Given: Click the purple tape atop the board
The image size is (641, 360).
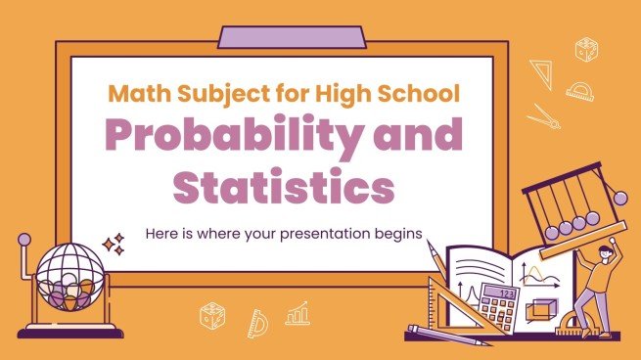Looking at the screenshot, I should tap(292, 37).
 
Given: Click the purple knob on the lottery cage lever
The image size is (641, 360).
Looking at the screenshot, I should tap(23, 239).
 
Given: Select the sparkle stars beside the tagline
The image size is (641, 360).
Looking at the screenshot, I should tap(114, 243).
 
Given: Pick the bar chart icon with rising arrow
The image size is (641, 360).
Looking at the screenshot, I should tap(297, 313).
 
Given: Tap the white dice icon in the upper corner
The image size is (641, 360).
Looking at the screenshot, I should tap(586, 49).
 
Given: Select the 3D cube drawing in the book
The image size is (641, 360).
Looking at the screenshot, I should tap(538, 307).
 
